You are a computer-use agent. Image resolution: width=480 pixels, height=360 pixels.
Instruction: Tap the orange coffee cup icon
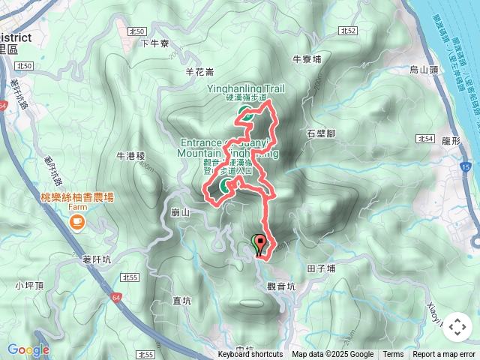click(76, 222)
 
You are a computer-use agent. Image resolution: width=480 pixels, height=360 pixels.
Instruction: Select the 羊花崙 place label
click(199, 72)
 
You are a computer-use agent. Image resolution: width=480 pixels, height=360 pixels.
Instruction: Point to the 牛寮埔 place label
click(306, 58)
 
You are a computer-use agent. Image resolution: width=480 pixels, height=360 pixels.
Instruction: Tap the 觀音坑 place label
click(281, 286)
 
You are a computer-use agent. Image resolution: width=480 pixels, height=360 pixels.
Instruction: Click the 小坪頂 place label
click(29, 285)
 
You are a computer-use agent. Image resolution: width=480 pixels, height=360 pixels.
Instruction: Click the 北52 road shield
click(346, 31)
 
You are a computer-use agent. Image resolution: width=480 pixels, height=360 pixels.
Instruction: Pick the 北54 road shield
click(425, 139)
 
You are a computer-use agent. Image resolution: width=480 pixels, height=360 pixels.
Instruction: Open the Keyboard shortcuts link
click(250, 355)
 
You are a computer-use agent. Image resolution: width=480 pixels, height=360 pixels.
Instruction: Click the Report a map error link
click(444, 355)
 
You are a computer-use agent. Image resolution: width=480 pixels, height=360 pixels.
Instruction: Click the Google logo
click(28, 349)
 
